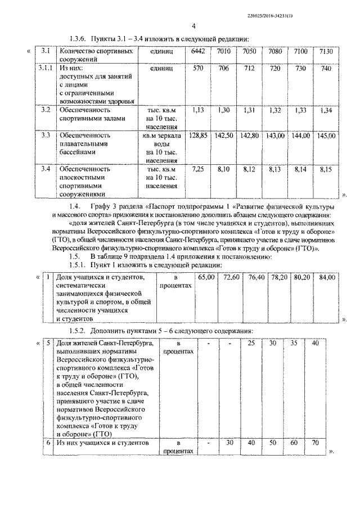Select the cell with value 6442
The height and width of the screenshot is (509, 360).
click(197, 52)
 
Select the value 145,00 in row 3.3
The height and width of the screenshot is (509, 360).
click(327, 136)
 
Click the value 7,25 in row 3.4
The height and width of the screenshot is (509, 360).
click(198, 168)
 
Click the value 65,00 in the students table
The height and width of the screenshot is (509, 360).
click(206, 277)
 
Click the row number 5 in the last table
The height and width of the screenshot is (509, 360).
click(48, 343)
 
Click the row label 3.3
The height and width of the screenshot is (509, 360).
click(46, 136)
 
